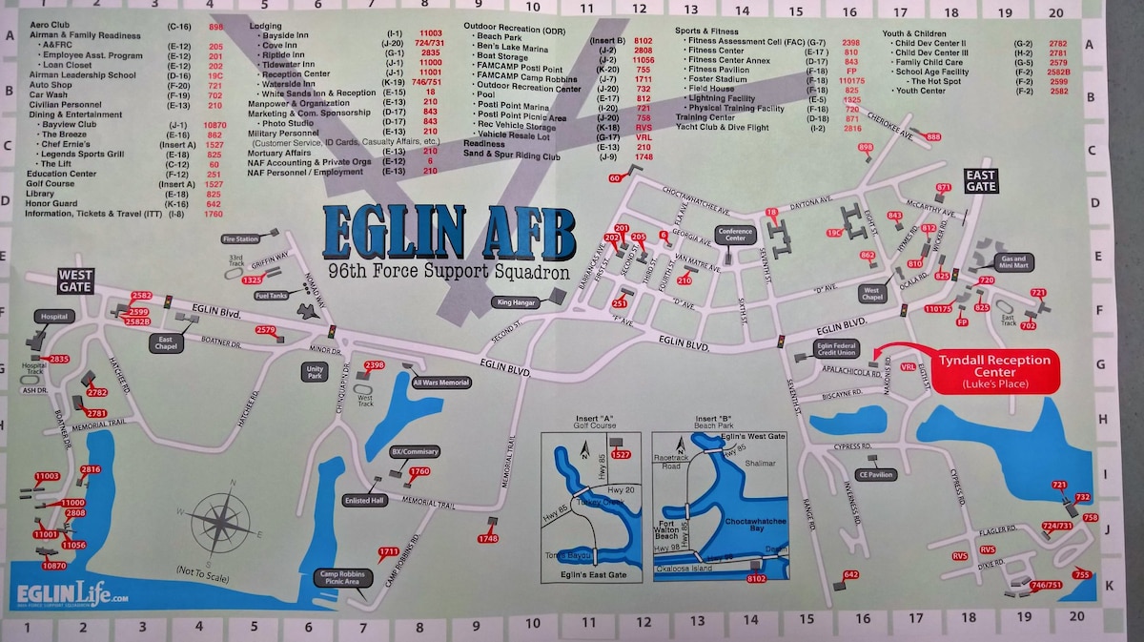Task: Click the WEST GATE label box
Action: pos(74,280)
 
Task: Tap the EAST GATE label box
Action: pos(980,180)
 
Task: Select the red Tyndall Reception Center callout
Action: pos(994,370)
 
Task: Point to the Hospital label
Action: pos(55,316)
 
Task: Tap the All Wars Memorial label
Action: pos(441,383)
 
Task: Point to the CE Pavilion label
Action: pos(875,474)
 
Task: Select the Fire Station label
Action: pos(239,239)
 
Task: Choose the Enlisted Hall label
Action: pos(365,500)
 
